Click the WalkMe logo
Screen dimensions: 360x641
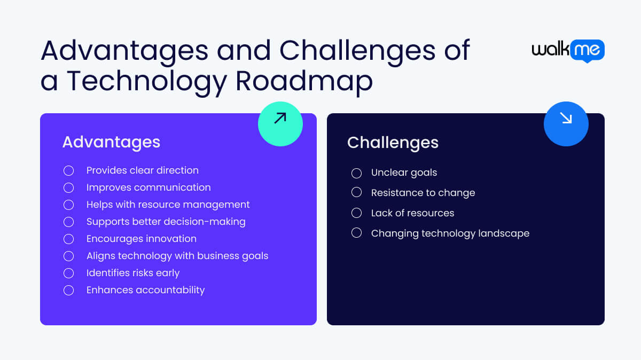568,51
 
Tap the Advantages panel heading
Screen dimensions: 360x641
111,142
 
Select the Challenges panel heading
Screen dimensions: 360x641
393,143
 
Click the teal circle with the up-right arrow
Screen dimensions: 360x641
280,124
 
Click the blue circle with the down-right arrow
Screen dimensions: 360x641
566,124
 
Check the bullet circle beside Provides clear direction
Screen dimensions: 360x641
68,170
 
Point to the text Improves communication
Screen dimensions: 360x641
148,187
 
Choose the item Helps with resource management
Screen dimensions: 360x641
168,205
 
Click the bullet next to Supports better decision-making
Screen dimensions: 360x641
68,222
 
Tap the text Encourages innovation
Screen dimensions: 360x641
142,239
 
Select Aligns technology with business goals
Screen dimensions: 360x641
177,256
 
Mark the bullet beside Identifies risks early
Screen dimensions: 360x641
68,273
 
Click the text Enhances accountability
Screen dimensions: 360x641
145,290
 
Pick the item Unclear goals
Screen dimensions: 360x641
404,173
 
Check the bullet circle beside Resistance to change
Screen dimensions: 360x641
356,193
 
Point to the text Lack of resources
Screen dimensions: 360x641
412,213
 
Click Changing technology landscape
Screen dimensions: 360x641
450,233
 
